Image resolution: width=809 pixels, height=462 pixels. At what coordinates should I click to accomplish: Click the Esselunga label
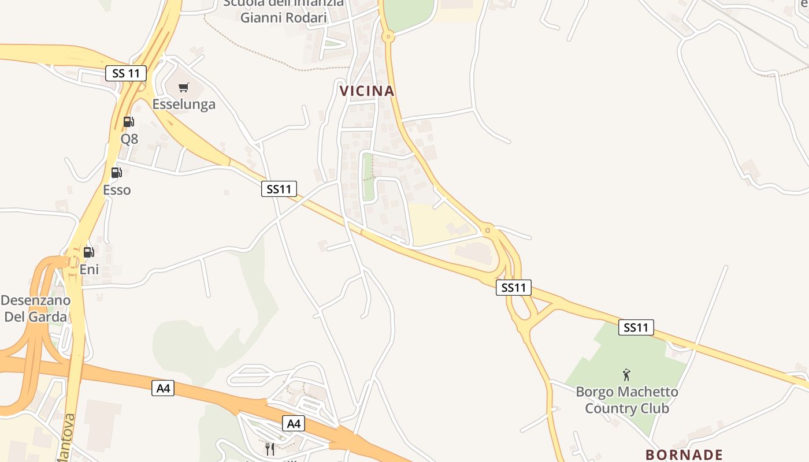click(184, 105)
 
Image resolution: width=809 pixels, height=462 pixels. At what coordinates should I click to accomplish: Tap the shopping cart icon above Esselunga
click(184, 88)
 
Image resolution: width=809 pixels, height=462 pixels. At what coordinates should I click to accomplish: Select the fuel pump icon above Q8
click(129, 122)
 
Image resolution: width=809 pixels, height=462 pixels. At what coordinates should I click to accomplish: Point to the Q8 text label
click(129, 139)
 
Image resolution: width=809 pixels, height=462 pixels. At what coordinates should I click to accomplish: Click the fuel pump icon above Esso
click(116, 173)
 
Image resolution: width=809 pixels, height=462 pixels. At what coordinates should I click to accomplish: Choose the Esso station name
click(117, 190)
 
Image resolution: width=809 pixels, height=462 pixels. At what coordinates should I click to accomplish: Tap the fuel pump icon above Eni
click(89, 252)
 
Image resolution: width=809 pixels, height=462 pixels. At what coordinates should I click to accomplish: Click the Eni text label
click(89, 269)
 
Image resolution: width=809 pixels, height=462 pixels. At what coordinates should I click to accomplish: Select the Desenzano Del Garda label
click(36, 308)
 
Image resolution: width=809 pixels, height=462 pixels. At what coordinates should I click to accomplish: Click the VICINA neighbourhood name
click(367, 91)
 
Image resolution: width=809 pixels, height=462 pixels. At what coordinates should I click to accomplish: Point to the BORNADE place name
click(684, 454)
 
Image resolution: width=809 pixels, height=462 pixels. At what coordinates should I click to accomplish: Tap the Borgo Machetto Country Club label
click(627, 400)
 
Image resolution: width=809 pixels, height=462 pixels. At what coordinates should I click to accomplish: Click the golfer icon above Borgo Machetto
click(626, 375)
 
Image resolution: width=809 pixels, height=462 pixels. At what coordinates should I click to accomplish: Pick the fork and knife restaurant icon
click(269, 448)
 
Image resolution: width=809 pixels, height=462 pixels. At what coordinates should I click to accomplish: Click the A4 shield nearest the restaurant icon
click(294, 424)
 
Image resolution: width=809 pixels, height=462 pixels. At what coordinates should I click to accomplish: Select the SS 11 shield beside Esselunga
click(126, 73)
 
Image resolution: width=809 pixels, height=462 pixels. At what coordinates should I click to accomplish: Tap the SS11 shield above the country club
click(636, 327)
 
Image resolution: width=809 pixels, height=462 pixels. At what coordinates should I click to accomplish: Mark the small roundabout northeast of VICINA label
click(388, 37)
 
